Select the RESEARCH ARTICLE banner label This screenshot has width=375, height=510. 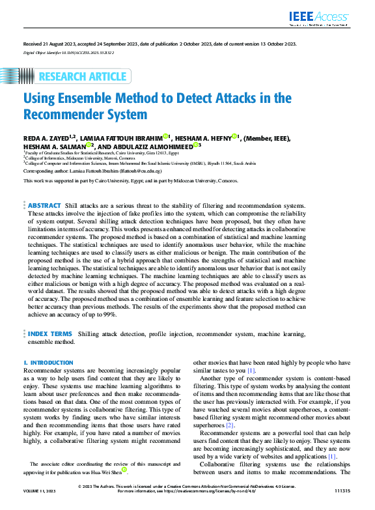pos(83,77)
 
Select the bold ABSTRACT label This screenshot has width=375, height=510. pos(45,205)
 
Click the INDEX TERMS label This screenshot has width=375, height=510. pos(50,333)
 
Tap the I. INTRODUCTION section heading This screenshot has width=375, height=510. pos(49,362)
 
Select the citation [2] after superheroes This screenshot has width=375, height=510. pos(230,424)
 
